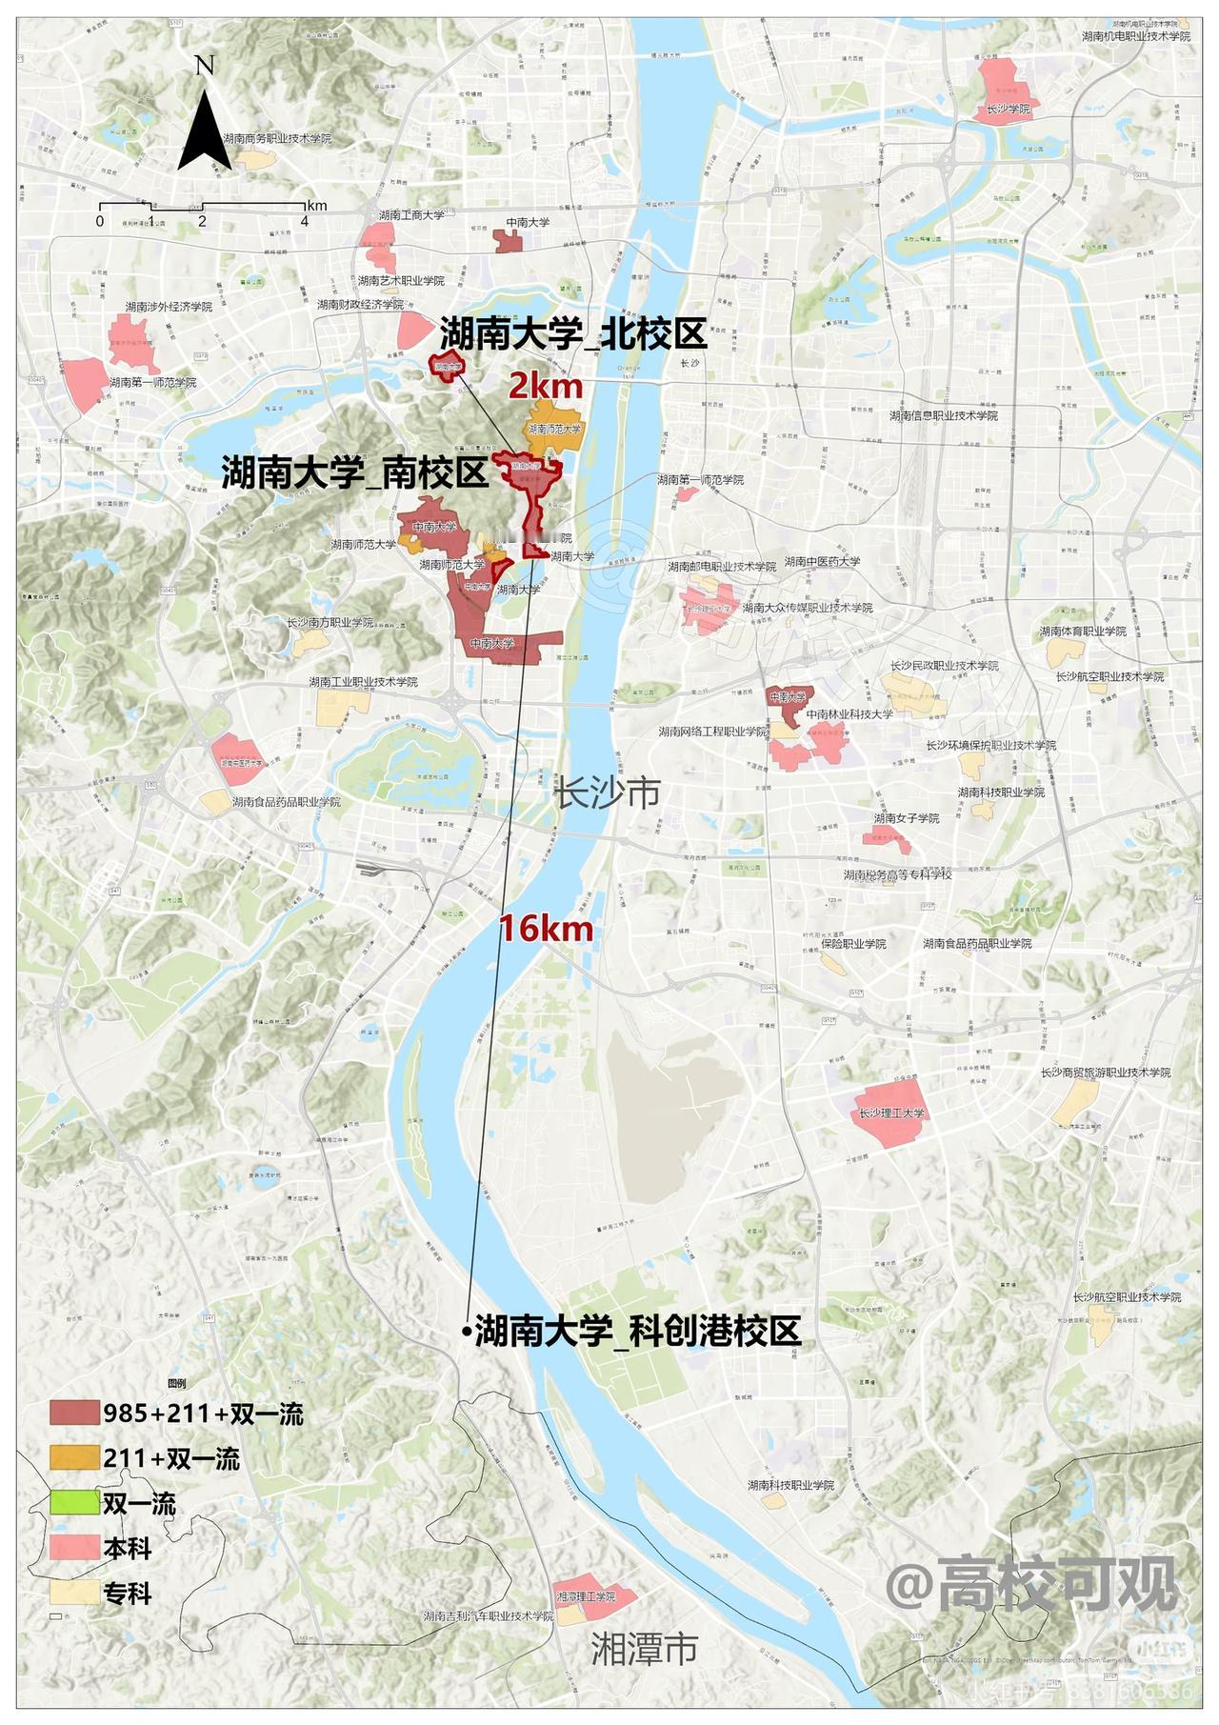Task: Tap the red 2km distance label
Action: pos(545,387)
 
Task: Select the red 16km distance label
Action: pos(547,929)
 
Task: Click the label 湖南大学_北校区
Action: pos(572,335)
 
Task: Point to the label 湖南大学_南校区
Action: pos(355,472)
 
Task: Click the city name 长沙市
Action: pos(607,792)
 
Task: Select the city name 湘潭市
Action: pos(644,1649)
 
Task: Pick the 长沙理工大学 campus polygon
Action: pos(891,1113)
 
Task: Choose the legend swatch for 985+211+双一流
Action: pos(74,1414)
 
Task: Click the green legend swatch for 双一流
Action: pos(74,1504)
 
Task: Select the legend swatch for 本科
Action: pos(74,1549)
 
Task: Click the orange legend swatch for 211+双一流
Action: pos(74,1458)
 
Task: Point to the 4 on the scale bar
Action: pos(305,222)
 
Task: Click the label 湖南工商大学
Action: pos(411,215)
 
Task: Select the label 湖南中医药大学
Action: pos(822,562)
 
